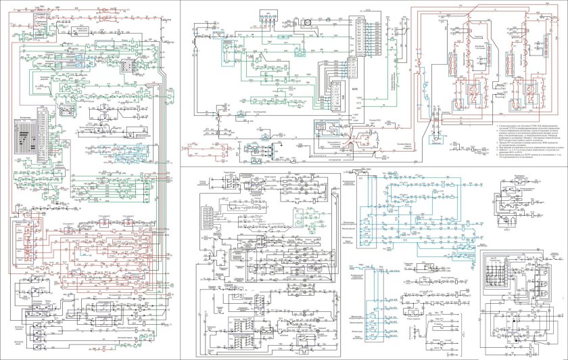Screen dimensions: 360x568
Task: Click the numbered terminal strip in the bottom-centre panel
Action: pyautogui.click(x=209, y=217)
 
